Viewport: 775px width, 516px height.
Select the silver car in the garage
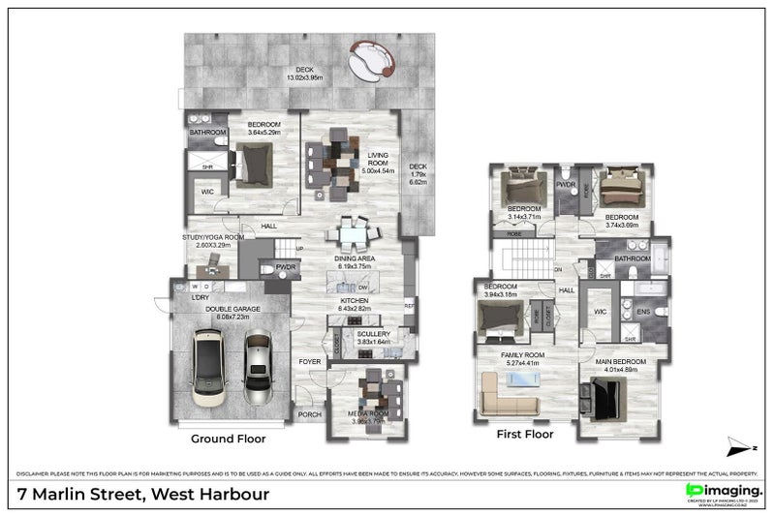[x=258, y=368]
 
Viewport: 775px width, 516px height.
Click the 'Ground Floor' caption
[x=228, y=439]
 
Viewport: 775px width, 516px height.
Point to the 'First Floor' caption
[x=524, y=435]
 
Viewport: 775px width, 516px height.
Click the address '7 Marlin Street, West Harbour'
[x=144, y=495]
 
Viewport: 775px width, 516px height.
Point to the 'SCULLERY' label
[x=373, y=334]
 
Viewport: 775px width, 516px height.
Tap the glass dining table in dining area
[x=351, y=235]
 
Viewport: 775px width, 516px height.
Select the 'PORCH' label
[x=310, y=415]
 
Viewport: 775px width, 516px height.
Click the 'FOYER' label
[x=310, y=361]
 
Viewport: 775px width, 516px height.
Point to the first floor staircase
[x=524, y=259]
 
